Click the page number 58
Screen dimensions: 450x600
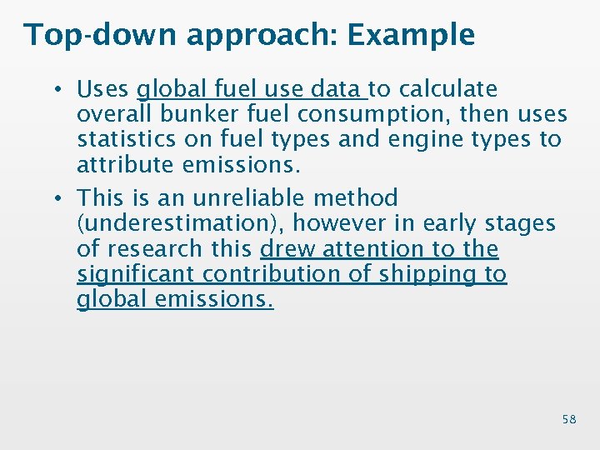(569, 419)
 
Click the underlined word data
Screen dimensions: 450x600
(334, 89)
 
